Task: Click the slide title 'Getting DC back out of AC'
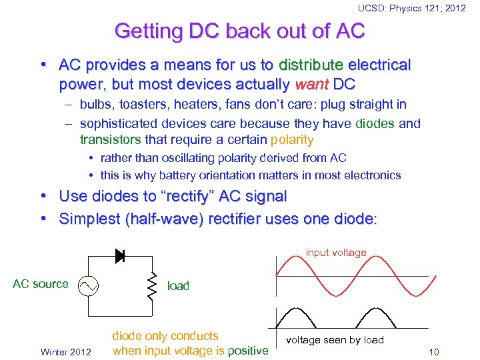tap(240, 31)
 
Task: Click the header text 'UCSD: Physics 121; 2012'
tap(411, 8)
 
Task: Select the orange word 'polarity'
tap(291, 139)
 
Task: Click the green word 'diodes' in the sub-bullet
tap(375, 123)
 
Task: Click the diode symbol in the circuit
tap(121, 255)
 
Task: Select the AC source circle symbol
tap(88, 286)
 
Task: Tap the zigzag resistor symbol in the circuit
tap(152, 285)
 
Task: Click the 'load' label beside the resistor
tap(178, 286)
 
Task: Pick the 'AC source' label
tap(41, 284)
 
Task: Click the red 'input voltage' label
tap(336, 253)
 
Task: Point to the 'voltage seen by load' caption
tap(335, 340)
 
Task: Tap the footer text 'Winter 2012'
tap(66, 351)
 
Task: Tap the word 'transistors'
tap(109, 139)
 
